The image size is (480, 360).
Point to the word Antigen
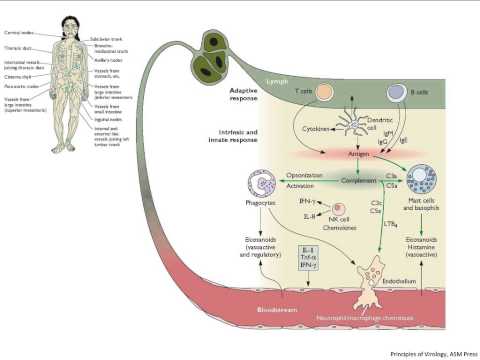tap(357, 156)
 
